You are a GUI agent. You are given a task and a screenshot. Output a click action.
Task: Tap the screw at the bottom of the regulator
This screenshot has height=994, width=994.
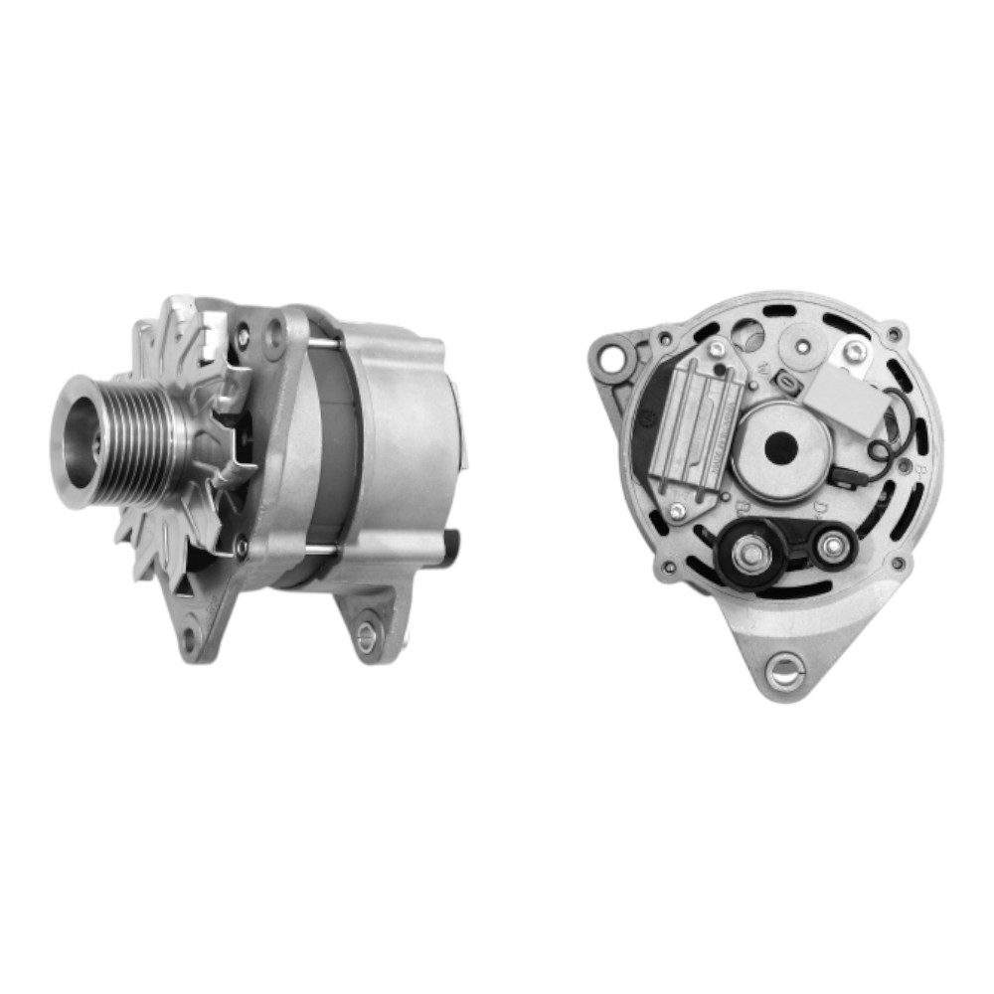pyautogui.click(x=677, y=511)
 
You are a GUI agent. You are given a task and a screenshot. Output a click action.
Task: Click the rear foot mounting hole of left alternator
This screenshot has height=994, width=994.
pyautogui.click(x=367, y=636)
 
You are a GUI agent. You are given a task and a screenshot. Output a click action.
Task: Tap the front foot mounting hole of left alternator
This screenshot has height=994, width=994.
pyautogui.click(x=189, y=637)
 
